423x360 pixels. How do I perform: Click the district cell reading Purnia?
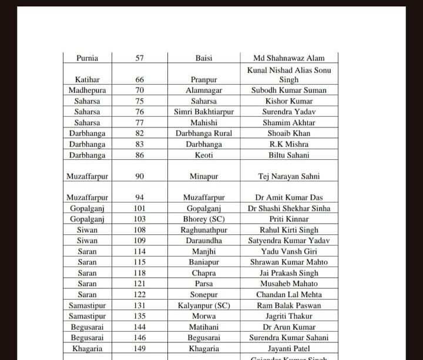87,58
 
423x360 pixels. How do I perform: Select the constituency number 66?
139,79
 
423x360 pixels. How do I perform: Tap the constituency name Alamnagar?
204,90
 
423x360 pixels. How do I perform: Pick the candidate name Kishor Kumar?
289,101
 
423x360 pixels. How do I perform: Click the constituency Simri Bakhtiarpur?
204,112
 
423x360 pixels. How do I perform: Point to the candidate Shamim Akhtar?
289,123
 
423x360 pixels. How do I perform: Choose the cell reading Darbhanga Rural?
204,133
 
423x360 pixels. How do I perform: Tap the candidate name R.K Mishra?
289,144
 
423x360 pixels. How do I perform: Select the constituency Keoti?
204,155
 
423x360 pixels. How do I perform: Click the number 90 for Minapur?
139,176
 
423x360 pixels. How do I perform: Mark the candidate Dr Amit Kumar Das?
289,198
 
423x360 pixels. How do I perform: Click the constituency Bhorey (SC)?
204,219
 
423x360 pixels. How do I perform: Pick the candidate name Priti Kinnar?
289,219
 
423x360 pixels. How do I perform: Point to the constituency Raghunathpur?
204,230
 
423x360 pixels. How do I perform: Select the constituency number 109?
139,241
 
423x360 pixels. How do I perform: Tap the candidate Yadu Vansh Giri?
289,251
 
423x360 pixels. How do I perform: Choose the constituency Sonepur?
204,294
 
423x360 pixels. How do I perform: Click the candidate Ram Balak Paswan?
289,305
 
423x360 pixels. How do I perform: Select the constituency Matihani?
204,327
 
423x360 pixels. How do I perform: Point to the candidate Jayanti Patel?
289,348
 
